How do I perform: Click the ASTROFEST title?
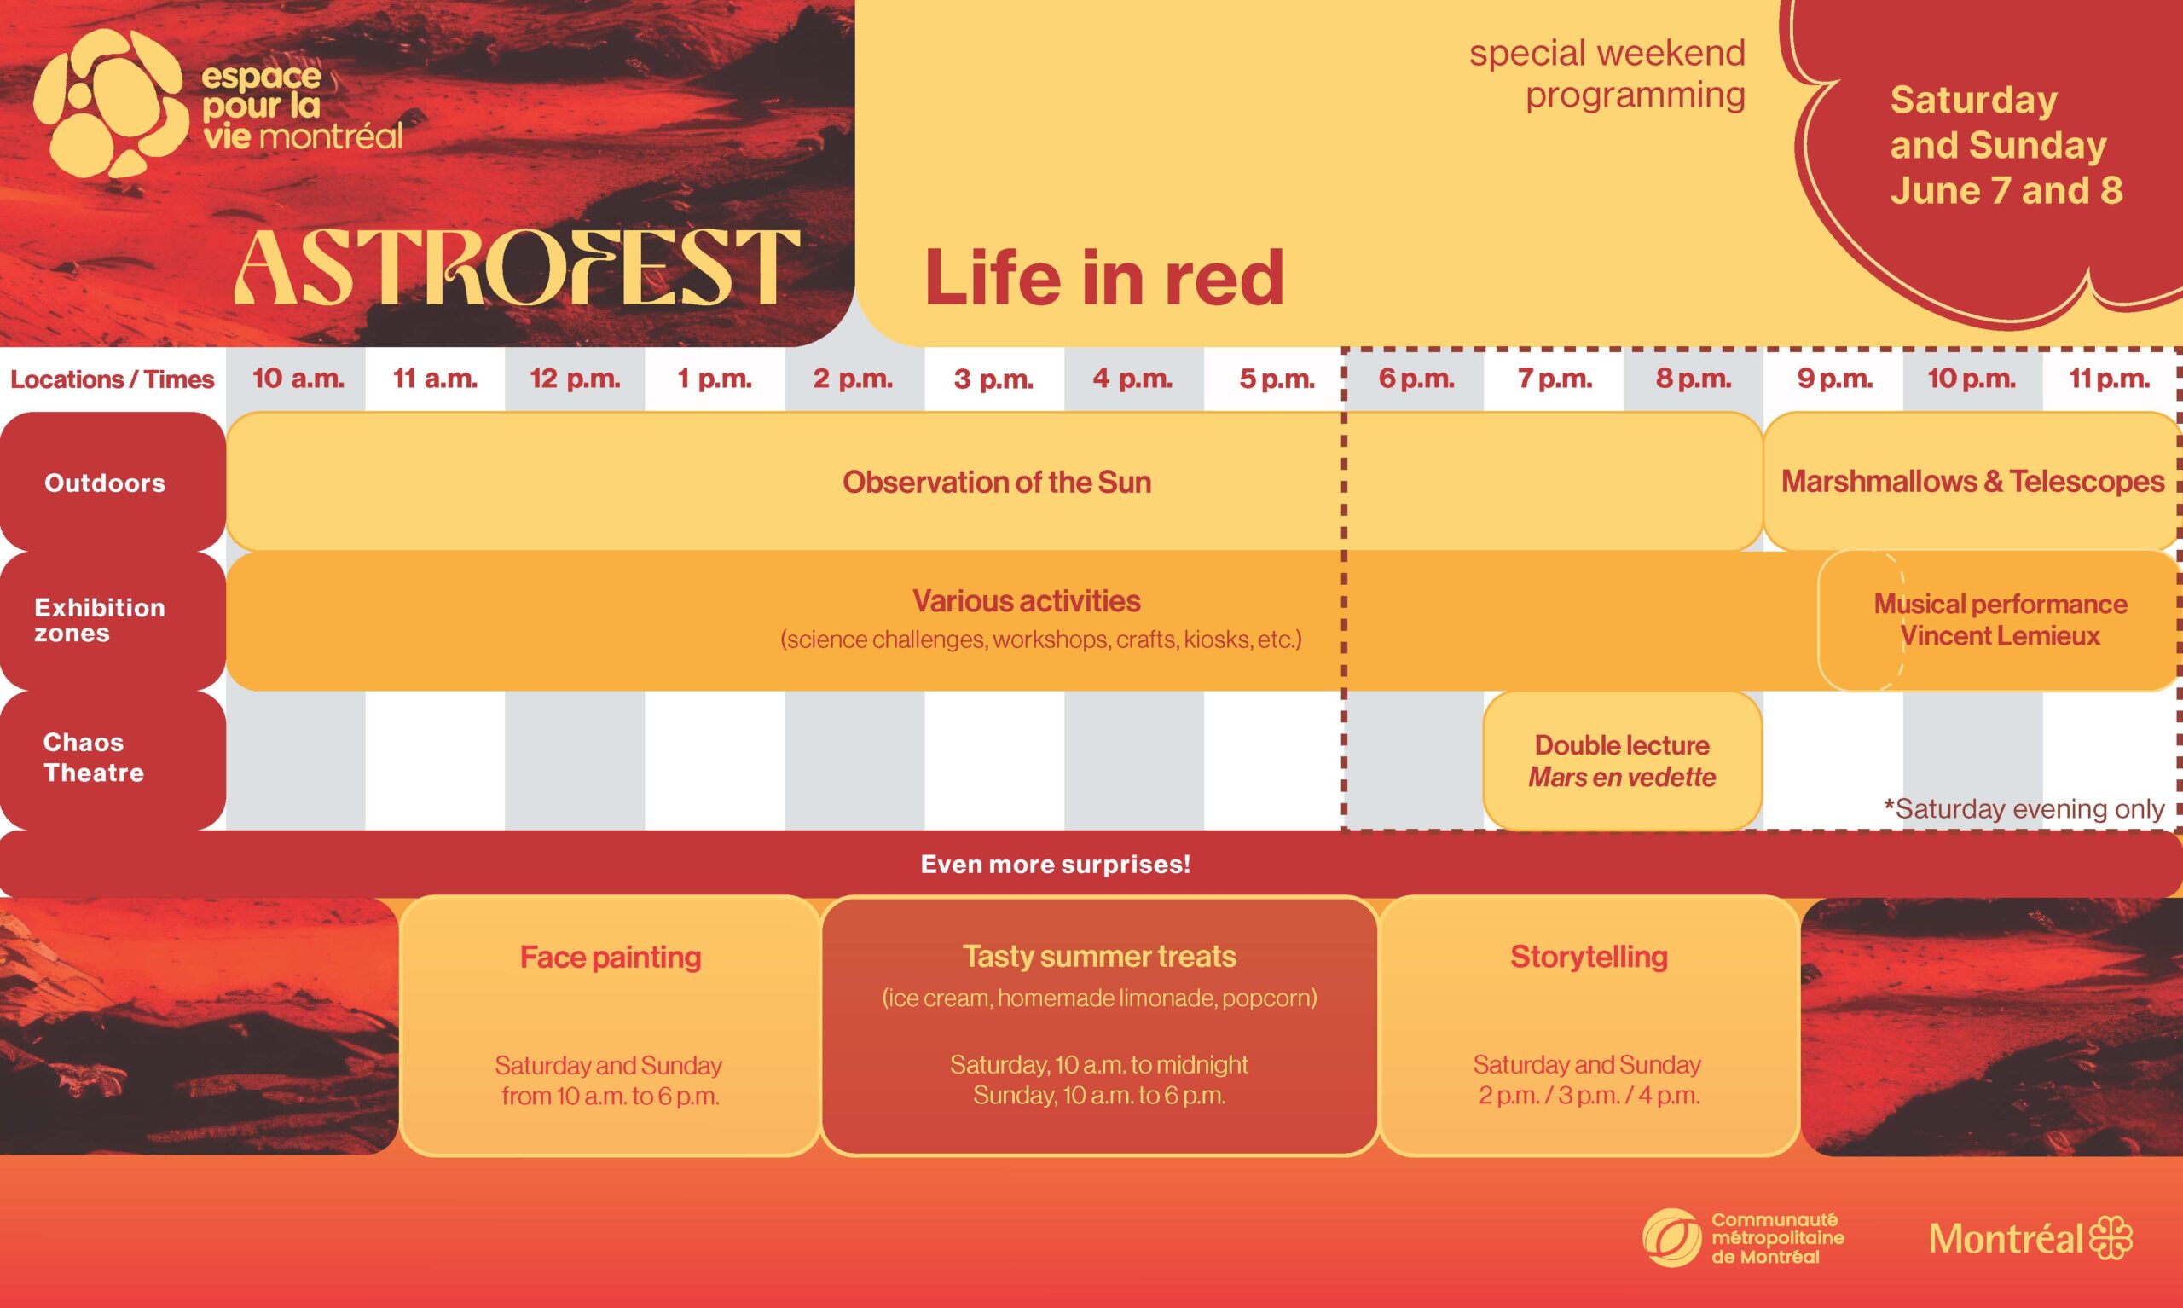click(x=517, y=267)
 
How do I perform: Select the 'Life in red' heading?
click(x=1103, y=277)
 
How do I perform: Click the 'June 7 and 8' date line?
click(x=2006, y=191)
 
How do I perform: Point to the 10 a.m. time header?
click(x=298, y=379)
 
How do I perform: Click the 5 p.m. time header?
click(x=1277, y=379)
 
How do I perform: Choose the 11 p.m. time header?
click(x=2108, y=379)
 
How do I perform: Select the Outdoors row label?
click(x=105, y=483)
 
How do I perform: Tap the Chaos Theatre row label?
click(x=94, y=758)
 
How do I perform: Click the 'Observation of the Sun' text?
click(x=997, y=482)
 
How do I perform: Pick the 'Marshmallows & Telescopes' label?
click(x=1972, y=481)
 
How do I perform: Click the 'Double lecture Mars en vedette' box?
click(x=1622, y=761)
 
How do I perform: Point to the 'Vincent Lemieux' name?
click(x=2000, y=636)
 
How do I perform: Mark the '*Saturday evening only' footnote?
click(x=2024, y=809)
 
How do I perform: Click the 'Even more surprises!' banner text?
click(x=1055, y=865)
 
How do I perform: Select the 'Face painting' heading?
click(x=610, y=958)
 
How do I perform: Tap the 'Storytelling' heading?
click(x=1589, y=957)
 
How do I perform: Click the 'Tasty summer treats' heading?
click(x=1099, y=957)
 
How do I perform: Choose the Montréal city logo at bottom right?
click(x=2030, y=1238)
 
